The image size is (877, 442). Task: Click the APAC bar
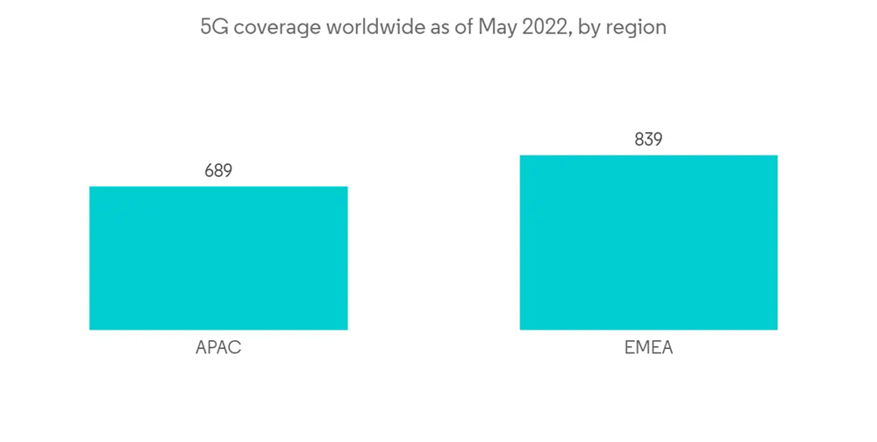tap(218, 258)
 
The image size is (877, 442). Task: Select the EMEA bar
tap(648, 242)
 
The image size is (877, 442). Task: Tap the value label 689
tap(218, 171)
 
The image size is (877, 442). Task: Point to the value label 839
tap(648, 139)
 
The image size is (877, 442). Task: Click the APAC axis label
tap(218, 348)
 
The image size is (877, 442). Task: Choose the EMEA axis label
tap(648, 348)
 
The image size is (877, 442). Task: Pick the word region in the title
tap(638, 27)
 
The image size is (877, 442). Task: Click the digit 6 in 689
tap(210, 171)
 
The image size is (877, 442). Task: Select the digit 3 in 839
tap(648, 139)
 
